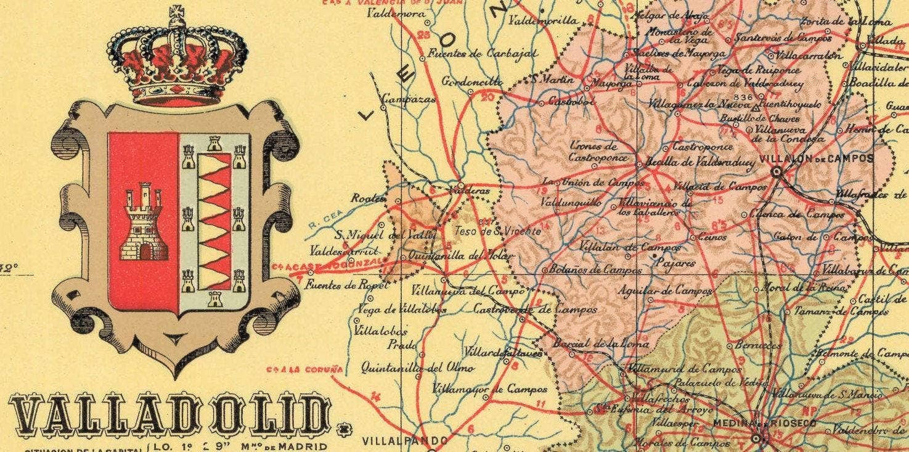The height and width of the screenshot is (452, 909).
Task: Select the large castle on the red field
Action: point(144,222)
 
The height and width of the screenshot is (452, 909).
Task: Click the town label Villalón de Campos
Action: point(817,158)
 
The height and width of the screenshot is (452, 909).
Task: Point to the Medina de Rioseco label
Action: point(764,423)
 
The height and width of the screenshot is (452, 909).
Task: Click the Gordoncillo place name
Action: point(472,81)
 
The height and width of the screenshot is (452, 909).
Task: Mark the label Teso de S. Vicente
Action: point(497,231)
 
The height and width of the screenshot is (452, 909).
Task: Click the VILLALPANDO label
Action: point(404,442)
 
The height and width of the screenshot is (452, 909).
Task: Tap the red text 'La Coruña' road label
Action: point(304,370)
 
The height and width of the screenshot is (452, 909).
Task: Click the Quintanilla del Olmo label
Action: point(417,368)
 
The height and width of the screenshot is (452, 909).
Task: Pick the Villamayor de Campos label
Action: point(489,390)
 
